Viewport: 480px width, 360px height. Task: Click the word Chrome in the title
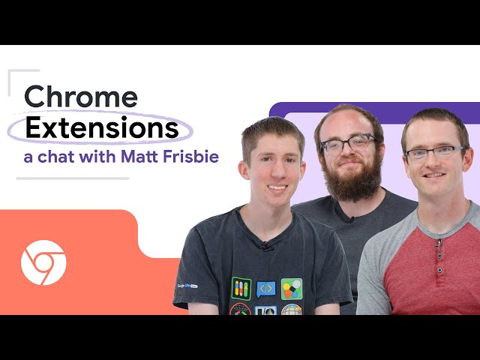(x=81, y=97)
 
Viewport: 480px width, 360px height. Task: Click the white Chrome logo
(x=43, y=262)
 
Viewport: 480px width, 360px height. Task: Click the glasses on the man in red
(x=435, y=153)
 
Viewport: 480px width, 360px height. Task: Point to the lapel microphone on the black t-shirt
(x=266, y=245)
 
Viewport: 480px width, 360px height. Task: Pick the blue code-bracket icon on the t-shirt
(x=265, y=289)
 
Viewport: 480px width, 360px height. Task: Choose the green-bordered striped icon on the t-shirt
(x=241, y=289)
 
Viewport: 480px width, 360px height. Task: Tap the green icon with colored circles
(x=291, y=289)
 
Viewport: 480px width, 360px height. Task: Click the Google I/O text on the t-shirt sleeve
(x=186, y=286)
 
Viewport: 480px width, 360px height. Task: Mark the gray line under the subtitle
(x=73, y=178)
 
